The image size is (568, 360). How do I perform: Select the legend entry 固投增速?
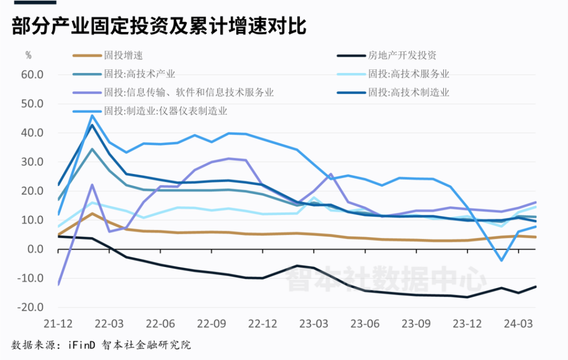click(124, 55)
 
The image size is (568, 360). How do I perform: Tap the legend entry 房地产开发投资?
click(402, 55)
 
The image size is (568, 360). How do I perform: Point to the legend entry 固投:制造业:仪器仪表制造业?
click(166, 111)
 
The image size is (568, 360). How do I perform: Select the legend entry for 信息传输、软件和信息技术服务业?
click(189, 93)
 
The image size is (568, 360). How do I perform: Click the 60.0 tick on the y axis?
click(33, 74)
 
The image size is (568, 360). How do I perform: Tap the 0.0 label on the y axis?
click(36, 249)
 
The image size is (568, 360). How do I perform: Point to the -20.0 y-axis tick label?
click(31, 307)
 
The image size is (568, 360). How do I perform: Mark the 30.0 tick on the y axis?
click(33, 162)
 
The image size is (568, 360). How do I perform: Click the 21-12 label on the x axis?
click(58, 322)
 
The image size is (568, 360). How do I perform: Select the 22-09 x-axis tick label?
click(211, 322)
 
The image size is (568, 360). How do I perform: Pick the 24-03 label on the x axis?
click(519, 322)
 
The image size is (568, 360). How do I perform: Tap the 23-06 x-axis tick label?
click(365, 322)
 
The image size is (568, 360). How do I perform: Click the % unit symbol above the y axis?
click(28, 55)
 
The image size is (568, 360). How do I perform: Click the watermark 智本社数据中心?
click(386, 279)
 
